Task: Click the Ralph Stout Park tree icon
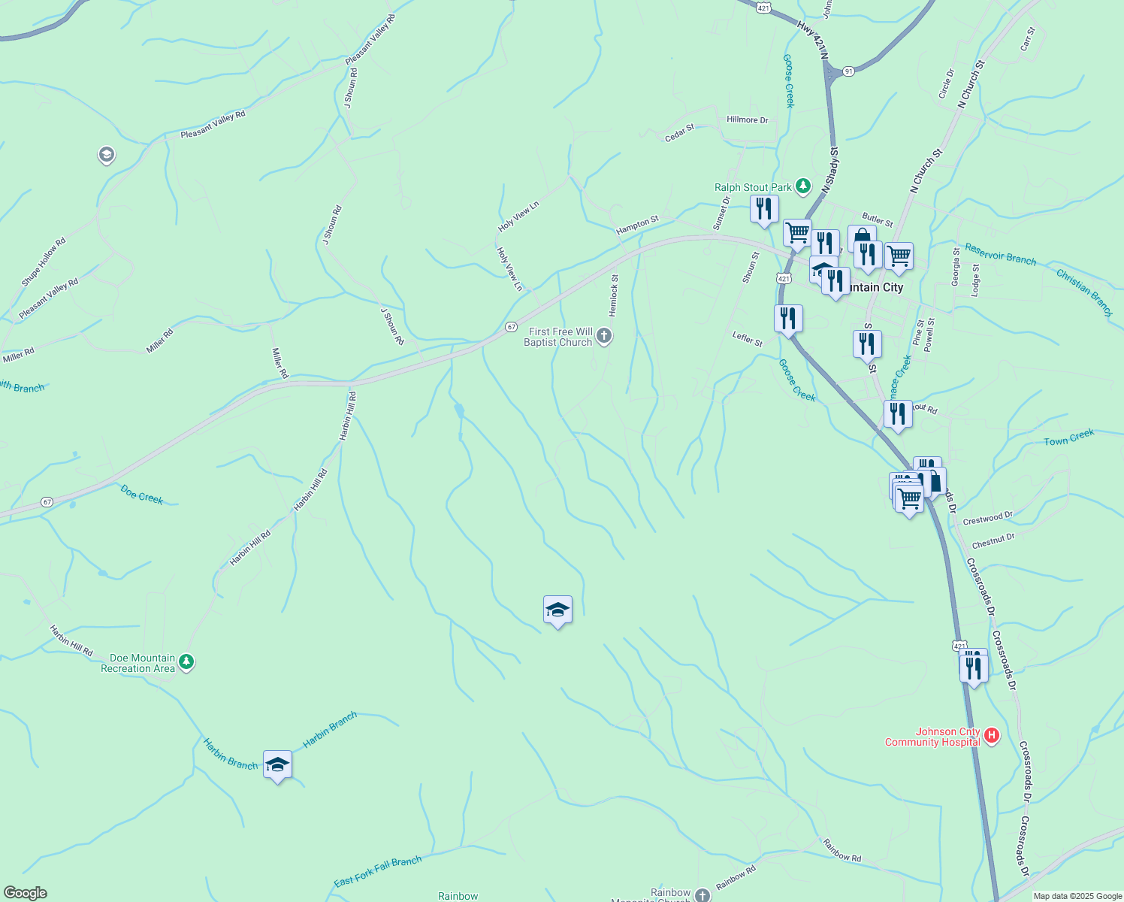pyautogui.click(x=803, y=186)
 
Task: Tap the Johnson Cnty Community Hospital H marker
pyautogui.click(x=992, y=735)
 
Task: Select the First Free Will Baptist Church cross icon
pyautogui.click(x=604, y=336)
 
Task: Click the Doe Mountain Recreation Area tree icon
pyautogui.click(x=187, y=662)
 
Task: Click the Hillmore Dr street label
pyautogui.click(x=748, y=120)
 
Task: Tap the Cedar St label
pyautogui.click(x=680, y=133)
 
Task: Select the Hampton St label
pyautogui.click(x=637, y=225)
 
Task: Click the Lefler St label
pyautogui.click(x=748, y=339)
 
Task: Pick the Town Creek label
pyautogui.click(x=1069, y=437)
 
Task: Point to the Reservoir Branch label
pyautogui.click(x=1000, y=254)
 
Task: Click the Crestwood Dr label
pyautogui.click(x=987, y=519)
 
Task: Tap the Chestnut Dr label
pyautogui.click(x=993, y=540)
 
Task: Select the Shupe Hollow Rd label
pyautogui.click(x=44, y=262)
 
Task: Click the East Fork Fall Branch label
pyautogui.click(x=378, y=871)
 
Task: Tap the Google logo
pyautogui.click(x=25, y=893)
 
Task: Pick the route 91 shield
pyautogui.click(x=848, y=71)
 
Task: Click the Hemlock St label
pyautogui.click(x=614, y=295)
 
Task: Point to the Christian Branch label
pyautogui.click(x=1084, y=292)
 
